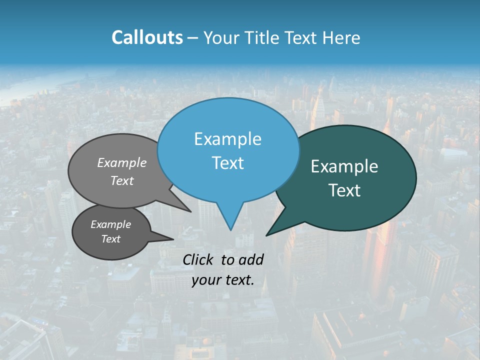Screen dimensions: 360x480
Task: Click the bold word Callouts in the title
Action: coord(147,37)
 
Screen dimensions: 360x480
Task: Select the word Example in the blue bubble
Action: coord(227,139)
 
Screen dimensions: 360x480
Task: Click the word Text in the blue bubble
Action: coord(227,163)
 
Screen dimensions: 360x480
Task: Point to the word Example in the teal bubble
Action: coord(344,166)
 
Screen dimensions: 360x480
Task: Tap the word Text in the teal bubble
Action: coord(344,190)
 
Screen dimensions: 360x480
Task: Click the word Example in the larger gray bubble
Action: coord(122,162)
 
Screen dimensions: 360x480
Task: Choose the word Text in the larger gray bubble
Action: coord(122,180)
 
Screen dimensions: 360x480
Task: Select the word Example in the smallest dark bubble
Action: coord(110,224)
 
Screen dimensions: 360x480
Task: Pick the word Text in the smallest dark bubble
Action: coord(110,239)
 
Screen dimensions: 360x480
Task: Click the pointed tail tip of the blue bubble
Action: coord(230,229)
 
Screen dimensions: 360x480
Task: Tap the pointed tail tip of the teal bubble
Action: coord(267,234)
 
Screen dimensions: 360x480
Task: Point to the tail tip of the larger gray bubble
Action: coord(190,211)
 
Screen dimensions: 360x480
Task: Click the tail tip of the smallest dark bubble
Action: coord(173,239)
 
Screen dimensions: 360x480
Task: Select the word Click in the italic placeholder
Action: coord(198,259)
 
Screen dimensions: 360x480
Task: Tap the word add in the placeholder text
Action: coord(251,259)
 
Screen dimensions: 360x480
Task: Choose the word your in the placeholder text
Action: coord(206,279)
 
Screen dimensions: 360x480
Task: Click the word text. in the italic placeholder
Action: coord(239,279)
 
